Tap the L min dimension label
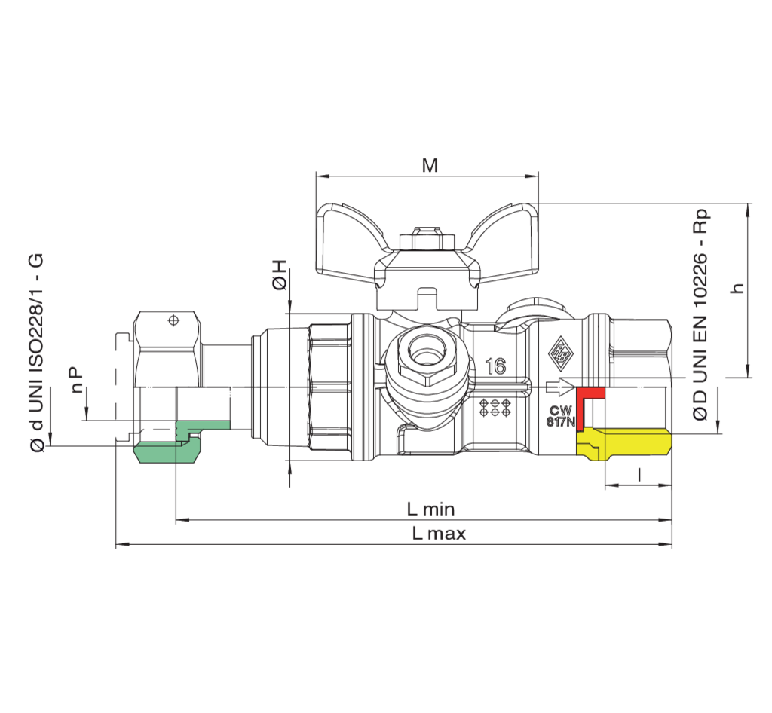pyautogui.click(x=430, y=509)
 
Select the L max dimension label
pyautogui.click(x=439, y=534)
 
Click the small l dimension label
pyautogui.click(x=639, y=474)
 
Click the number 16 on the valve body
pyautogui.click(x=495, y=367)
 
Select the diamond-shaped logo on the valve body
pyautogui.click(x=560, y=348)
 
